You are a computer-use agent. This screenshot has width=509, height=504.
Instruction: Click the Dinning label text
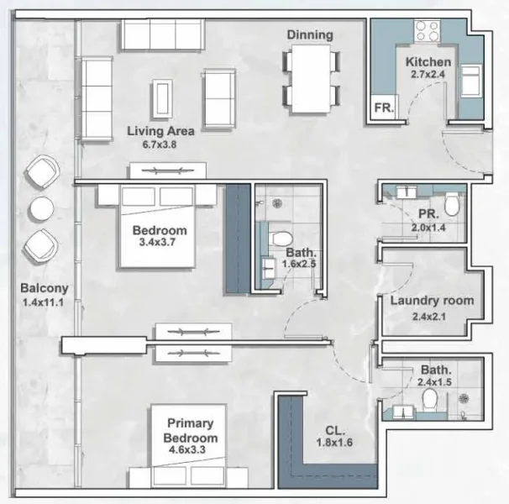310,34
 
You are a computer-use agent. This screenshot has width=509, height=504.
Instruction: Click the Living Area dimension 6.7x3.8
161,144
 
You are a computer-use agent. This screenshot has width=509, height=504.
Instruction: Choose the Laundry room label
432,300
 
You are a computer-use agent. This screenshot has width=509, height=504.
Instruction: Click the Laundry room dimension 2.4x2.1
432,317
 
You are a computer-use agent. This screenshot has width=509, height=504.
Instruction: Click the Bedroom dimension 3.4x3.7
160,244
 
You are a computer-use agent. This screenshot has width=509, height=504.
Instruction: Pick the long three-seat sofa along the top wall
162,34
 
